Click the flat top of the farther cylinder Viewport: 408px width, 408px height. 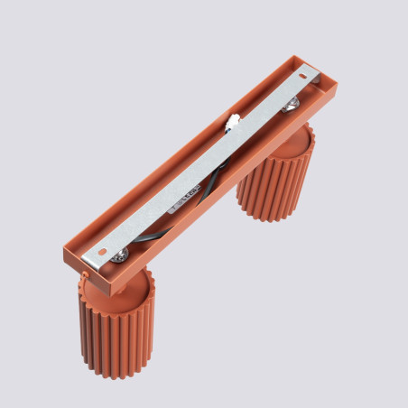(298, 131)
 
